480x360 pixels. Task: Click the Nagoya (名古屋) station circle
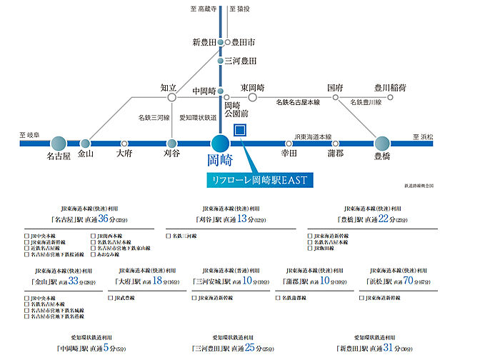click(x=59, y=144)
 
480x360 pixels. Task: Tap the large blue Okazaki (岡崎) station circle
click(x=220, y=143)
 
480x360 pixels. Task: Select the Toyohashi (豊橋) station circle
click(x=382, y=143)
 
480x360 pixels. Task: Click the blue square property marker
click(x=240, y=131)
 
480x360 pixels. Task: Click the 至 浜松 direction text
click(x=422, y=136)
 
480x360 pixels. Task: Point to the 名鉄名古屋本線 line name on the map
click(x=299, y=102)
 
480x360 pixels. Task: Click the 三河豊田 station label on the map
click(x=241, y=61)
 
